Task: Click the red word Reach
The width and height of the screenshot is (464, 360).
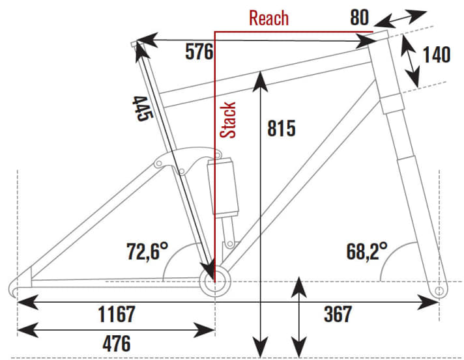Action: pos(268,18)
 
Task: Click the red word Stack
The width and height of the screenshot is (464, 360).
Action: pos(228,120)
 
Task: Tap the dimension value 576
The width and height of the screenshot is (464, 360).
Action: pos(199,52)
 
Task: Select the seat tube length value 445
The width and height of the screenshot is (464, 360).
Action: pos(142,107)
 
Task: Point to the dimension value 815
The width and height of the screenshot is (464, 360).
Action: pos(282,128)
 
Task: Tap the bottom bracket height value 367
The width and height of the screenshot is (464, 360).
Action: pos(338,315)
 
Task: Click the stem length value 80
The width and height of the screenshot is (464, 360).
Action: pos(360,18)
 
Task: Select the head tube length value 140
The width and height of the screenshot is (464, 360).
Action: pos(436,55)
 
